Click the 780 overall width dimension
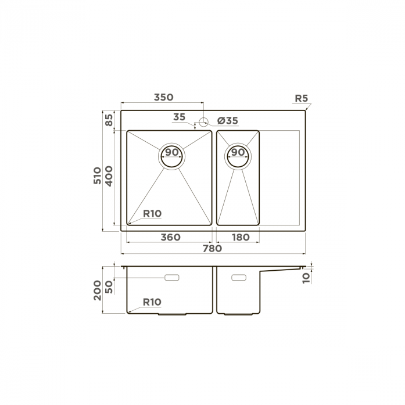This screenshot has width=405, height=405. [x=212, y=249]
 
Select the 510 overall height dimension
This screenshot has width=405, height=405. [x=98, y=175]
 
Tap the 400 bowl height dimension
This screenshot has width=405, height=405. [x=109, y=176]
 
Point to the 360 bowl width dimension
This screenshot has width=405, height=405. [x=170, y=237]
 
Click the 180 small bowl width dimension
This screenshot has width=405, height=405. [x=241, y=237]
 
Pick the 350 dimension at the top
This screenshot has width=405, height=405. [x=163, y=98]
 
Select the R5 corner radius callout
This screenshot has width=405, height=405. [x=302, y=98]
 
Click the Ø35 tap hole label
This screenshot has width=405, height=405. [x=228, y=121]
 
